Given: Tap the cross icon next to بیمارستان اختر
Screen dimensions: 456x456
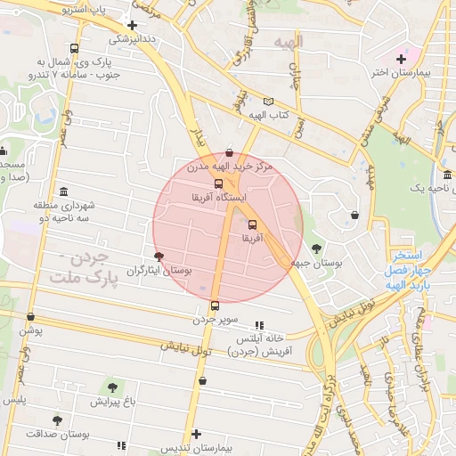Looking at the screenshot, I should point(402,59).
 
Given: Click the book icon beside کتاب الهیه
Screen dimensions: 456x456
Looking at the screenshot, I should point(269,102).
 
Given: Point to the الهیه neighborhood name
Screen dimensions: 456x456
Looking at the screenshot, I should point(289,42).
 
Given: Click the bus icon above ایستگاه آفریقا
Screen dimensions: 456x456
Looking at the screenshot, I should point(218,183).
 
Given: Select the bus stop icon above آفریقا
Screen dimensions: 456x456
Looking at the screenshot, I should point(252,224).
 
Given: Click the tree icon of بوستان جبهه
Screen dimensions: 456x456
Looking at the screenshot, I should point(317,248).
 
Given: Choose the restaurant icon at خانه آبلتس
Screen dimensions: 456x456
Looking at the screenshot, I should point(259,326).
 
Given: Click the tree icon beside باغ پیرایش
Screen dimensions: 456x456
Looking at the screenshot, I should point(111,387).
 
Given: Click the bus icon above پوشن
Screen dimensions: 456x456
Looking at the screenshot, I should point(31,316).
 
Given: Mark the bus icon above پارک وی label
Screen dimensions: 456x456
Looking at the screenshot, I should point(74,49).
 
